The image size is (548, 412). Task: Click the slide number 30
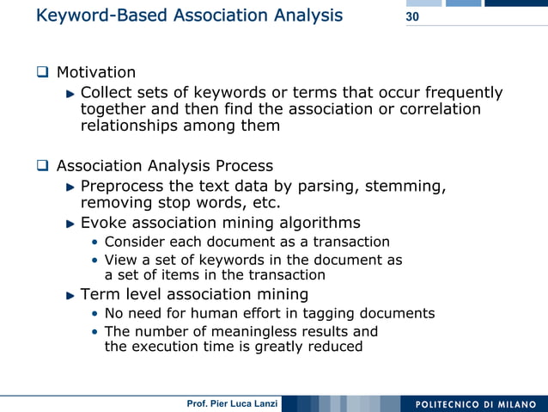412,17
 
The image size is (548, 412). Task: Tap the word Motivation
96,72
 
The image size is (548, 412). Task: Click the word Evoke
104,224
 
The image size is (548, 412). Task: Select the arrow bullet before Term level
71,295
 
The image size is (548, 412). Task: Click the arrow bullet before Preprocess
71,187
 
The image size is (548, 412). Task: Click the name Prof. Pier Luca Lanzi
232,404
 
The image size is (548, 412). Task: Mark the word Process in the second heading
242,165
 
